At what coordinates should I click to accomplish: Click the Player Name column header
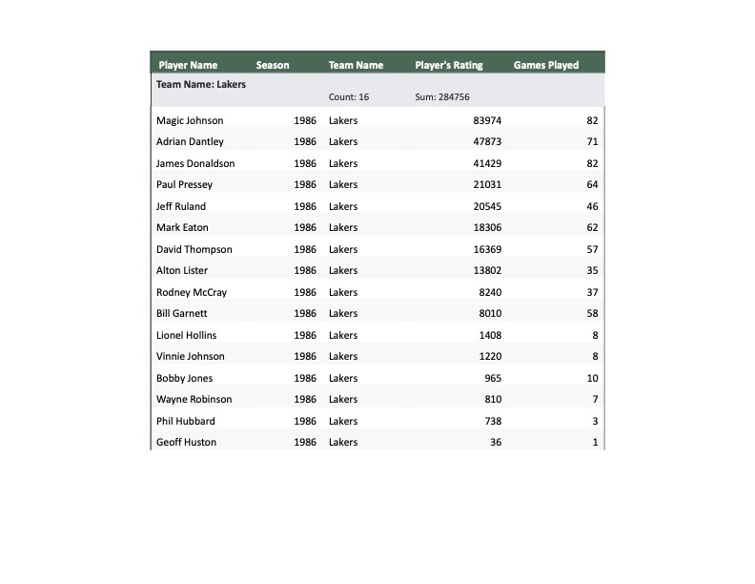tap(188, 65)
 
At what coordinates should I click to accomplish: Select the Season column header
tap(273, 65)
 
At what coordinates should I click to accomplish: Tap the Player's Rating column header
tap(449, 65)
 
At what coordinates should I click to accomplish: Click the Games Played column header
tap(546, 65)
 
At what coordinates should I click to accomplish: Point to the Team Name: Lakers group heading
tap(201, 84)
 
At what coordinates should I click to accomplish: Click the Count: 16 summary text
tap(349, 97)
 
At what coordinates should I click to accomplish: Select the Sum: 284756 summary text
tap(442, 97)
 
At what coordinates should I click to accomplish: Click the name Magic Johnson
tap(190, 120)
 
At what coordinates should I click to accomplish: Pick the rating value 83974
tap(487, 120)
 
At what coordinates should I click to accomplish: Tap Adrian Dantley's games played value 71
tap(592, 141)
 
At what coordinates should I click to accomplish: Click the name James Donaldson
tap(195, 163)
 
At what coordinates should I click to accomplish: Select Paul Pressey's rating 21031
tap(487, 184)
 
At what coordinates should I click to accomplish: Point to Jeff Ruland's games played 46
tap(592, 206)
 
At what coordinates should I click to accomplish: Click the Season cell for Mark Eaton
tap(305, 227)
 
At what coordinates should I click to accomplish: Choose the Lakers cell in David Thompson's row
tap(343, 249)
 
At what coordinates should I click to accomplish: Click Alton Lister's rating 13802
tap(487, 270)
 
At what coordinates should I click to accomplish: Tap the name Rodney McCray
tap(192, 292)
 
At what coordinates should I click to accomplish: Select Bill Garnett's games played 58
tap(592, 313)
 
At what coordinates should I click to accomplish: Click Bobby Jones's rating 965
tap(493, 378)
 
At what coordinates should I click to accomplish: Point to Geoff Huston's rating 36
tap(496, 442)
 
